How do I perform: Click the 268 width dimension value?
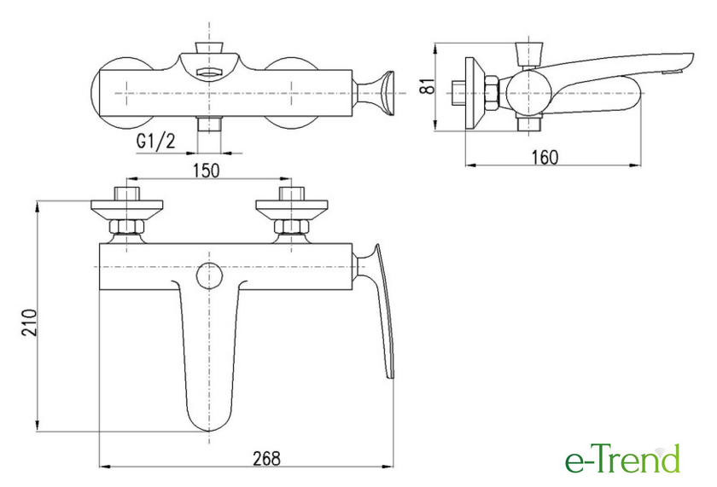point(267,458)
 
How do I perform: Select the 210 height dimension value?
point(29,322)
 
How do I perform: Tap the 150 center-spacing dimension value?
point(207,171)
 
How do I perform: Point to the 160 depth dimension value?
point(545,157)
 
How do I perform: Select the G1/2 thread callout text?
point(155,142)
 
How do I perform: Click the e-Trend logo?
point(623,459)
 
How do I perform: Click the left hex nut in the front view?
point(126,227)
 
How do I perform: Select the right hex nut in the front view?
point(291,227)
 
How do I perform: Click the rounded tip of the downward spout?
point(208,430)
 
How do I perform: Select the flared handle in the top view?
point(376,93)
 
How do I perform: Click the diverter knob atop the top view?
point(209,48)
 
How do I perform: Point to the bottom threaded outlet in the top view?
point(209,125)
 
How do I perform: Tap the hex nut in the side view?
point(491,93)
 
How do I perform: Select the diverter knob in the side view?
point(528,54)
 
